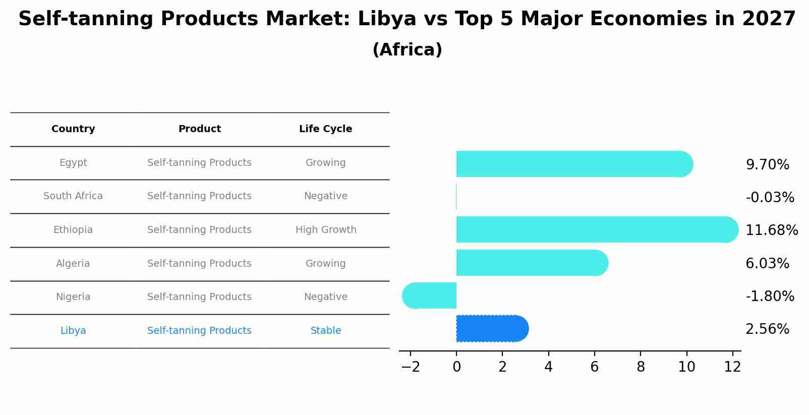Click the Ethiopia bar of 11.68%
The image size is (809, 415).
pyautogui.click(x=595, y=229)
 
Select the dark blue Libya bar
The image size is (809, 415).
pyautogui.click(x=492, y=329)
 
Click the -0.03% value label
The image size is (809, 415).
pyautogui.click(x=770, y=197)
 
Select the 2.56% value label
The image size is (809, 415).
pyautogui.click(x=767, y=329)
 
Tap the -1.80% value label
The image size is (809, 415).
pyautogui.click(x=770, y=296)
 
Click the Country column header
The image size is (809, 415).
pyautogui.click(x=73, y=129)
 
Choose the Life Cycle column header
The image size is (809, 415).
pyautogui.click(x=325, y=129)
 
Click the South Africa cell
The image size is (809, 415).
pyautogui.click(x=73, y=196)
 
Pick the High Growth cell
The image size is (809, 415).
pyautogui.click(x=326, y=230)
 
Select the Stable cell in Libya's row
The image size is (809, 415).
pyautogui.click(x=326, y=331)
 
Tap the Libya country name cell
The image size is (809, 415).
pyautogui.click(x=73, y=331)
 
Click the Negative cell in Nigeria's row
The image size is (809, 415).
pyautogui.click(x=326, y=297)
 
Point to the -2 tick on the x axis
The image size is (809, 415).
pyautogui.click(x=411, y=367)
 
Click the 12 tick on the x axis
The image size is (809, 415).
pyautogui.click(x=732, y=367)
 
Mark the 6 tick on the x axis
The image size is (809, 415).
pyautogui.click(x=595, y=367)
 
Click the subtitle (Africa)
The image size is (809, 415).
pyautogui.click(x=407, y=50)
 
